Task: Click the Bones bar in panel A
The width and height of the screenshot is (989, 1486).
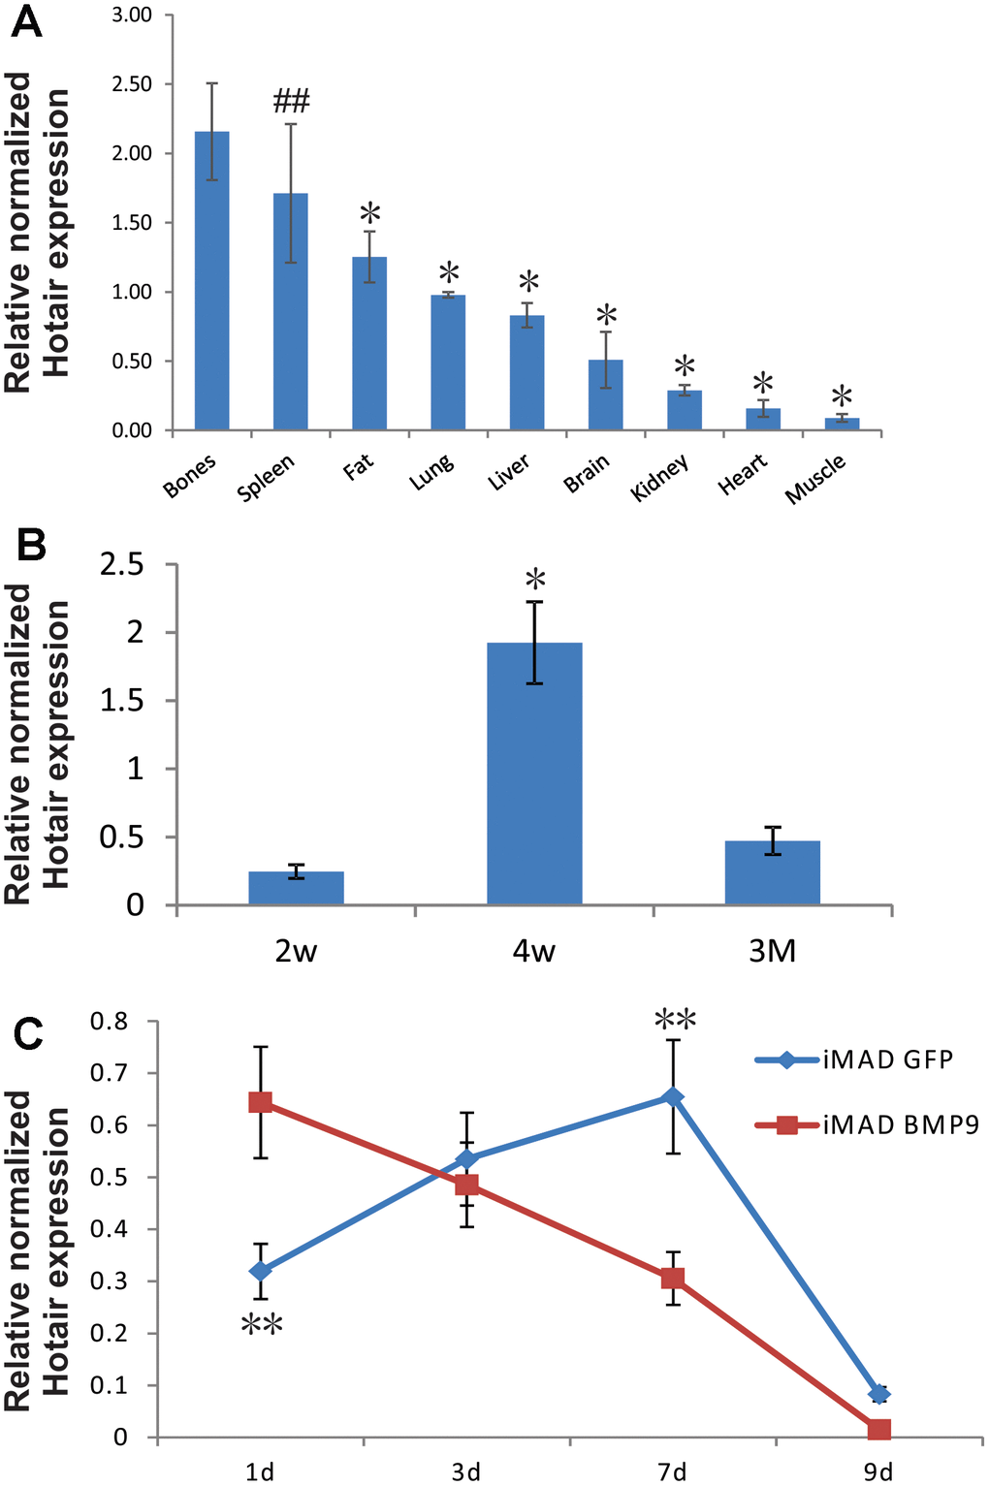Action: click(211, 281)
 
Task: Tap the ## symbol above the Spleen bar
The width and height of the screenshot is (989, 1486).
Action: click(291, 100)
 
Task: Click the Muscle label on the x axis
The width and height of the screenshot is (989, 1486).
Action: click(815, 478)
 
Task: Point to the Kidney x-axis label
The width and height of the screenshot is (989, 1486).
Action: click(660, 477)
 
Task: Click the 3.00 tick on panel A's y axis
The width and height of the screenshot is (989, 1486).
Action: click(133, 16)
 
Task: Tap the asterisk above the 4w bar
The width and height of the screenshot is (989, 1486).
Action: click(535, 582)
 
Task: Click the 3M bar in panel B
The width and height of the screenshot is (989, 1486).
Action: click(772, 872)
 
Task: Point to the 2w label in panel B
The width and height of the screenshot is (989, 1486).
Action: click(296, 952)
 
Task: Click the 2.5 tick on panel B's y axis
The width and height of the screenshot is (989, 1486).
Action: click(122, 564)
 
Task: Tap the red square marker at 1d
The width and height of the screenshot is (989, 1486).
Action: click(260, 1102)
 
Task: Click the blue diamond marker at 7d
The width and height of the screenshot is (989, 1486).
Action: click(672, 1096)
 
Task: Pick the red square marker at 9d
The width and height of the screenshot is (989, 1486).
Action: click(878, 1430)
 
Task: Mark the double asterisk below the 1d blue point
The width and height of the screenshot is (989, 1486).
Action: click(261, 1325)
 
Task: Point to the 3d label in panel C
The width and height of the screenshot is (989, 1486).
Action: click(465, 1472)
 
